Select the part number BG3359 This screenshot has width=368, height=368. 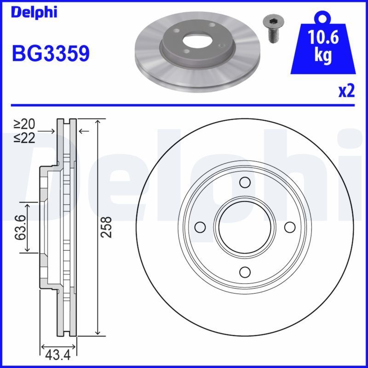pos(50,54)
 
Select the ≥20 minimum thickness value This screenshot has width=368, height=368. pos(24,124)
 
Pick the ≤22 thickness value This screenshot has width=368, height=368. pos(24,138)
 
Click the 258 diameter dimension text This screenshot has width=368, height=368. pos(106,227)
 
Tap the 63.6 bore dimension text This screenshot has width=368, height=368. pos(19,227)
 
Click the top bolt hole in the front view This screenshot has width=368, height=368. pos(245,183)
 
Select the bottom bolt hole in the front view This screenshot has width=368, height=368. pos(245,271)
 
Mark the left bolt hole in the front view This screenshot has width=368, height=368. pos(200,227)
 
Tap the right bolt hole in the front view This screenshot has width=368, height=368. pos(289,227)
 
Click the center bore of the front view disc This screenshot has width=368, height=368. pos(245,227)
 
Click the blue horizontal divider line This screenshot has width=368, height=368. pos(184,105)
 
